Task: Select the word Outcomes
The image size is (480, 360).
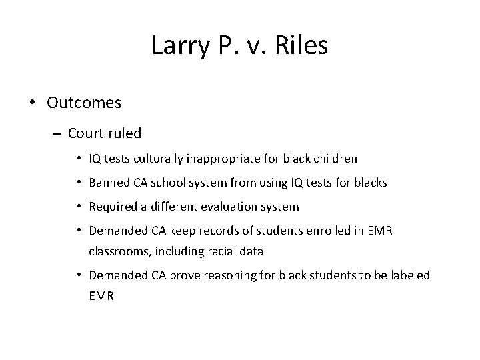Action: tap(84, 103)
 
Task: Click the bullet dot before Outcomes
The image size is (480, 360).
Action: tap(33, 103)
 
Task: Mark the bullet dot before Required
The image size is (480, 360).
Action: tap(79, 207)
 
